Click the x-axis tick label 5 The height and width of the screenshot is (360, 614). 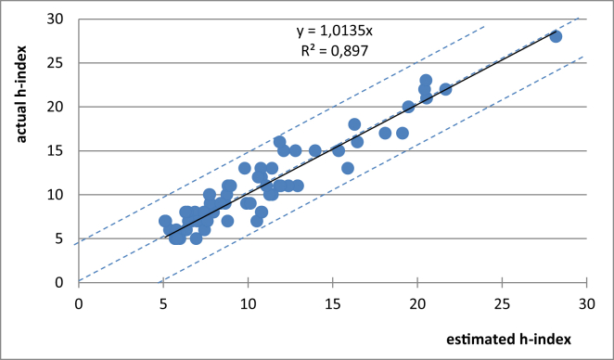click(163, 302)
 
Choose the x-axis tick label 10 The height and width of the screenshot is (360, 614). click(248, 302)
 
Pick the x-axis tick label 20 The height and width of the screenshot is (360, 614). click(416, 302)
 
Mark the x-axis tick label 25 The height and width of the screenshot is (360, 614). click(501, 302)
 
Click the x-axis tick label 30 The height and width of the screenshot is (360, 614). click(585, 302)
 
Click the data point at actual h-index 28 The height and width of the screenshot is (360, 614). click(556, 36)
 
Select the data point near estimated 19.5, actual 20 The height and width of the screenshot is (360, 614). click(408, 107)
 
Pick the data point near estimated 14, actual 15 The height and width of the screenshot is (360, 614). click(315, 150)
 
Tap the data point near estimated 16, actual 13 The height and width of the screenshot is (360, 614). click(348, 168)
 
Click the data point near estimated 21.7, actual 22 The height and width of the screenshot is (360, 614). click(445, 89)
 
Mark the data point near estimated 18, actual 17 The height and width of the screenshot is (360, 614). click(385, 133)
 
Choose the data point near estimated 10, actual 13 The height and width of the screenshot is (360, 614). click(245, 168)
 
